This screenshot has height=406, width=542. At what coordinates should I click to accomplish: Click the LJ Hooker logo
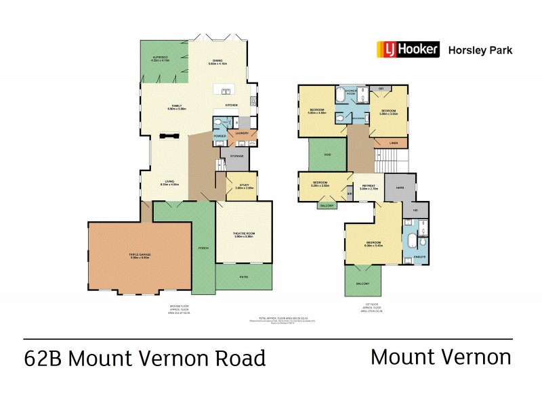pyautogui.click(x=409, y=49)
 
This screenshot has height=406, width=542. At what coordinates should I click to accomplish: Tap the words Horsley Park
pyautogui.click(x=481, y=49)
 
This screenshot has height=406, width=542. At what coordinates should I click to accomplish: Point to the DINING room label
pyautogui.click(x=217, y=62)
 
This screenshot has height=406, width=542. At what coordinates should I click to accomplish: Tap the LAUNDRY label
pyautogui.click(x=243, y=133)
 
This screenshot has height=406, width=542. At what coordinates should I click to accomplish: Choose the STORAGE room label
pyautogui.click(x=236, y=156)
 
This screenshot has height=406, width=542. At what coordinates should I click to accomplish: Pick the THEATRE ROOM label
pyautogui.click(x=244, y=234)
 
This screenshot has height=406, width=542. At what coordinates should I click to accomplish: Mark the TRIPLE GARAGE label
pyautogui.click(x=140, y=255)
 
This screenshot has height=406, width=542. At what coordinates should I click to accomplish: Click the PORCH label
pyautogui.click(x=204, y=248)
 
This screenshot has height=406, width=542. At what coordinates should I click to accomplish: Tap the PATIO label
pyautogui.click(x=243, y=277)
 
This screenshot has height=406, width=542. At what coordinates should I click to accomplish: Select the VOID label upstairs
pyautogui.click(x=327, y=155)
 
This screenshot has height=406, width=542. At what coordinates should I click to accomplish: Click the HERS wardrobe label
pyautogui.click(x=400, y=187)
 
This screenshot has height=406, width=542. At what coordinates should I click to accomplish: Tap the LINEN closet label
pyautogui.click(x=394, y=143)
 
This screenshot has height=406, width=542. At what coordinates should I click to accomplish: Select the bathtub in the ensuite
pyautogui.click(x=411, y=242)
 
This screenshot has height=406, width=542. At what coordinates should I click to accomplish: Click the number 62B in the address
pyautogui.click(x=42, y=357)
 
